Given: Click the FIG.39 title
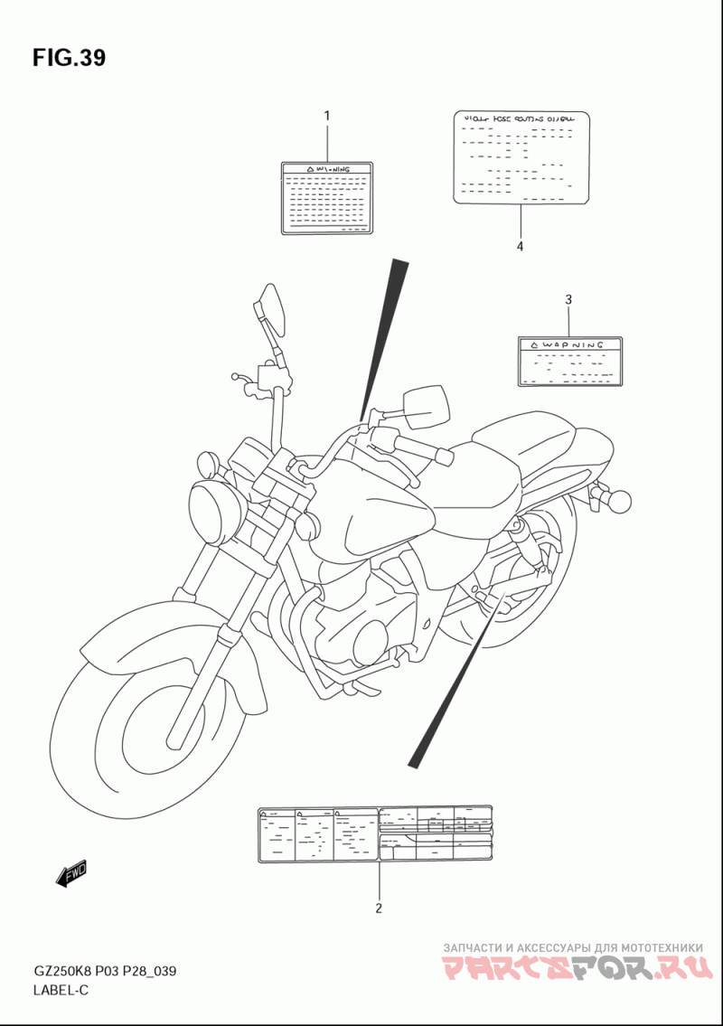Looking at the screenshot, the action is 69,58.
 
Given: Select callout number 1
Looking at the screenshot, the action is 326,116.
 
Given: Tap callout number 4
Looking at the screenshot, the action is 521,245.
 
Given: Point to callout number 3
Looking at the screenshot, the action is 568,299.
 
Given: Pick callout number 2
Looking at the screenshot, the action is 379,908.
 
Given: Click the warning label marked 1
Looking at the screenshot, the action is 326,198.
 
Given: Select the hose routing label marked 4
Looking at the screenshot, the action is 521,158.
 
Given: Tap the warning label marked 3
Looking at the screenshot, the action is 569,362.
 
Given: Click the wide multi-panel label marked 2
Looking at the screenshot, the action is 375,833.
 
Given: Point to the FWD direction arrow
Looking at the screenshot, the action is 71,872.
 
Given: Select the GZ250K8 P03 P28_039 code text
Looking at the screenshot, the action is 104,972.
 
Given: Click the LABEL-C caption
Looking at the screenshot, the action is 61,990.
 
